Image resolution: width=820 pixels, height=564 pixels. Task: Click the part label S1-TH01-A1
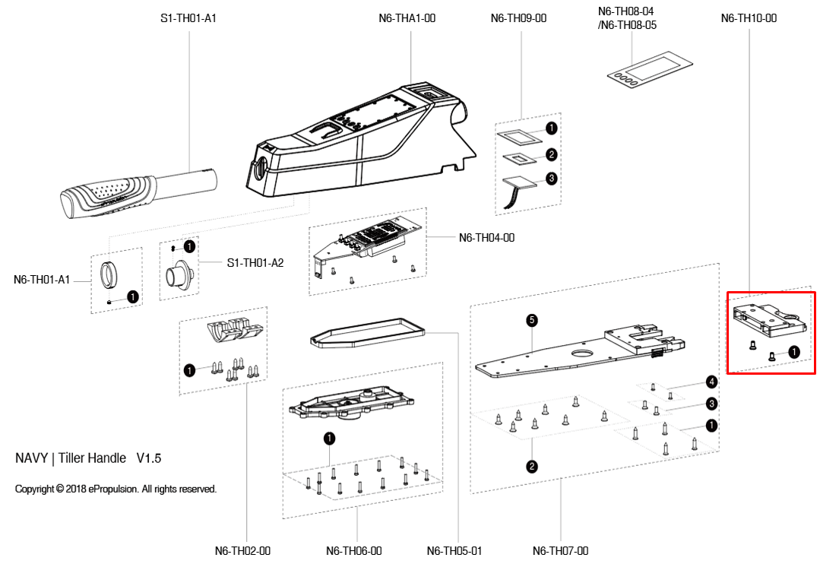coord(188,17)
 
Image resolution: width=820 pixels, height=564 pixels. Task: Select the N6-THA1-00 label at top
coord(407,17)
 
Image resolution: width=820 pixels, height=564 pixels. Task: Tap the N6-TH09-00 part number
coord(519,17)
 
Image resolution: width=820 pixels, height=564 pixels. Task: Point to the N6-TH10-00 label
coord(749,17)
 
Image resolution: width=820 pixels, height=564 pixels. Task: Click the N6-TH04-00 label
coord(486,238)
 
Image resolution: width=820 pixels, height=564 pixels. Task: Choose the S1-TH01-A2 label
coord(255,263)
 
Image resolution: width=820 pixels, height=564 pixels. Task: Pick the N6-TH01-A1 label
coord(42,280)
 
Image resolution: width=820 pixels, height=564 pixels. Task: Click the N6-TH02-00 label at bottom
coord(242,551)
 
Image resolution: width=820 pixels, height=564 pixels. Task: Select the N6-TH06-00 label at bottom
coord(353,551)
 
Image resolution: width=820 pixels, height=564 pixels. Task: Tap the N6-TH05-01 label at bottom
coord(454,551)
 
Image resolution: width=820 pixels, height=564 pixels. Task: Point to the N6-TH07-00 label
coord(560,551)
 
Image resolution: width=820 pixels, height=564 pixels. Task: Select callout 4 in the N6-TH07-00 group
coord(711,381)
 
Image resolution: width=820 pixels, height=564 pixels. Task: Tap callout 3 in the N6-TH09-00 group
coord(552,179)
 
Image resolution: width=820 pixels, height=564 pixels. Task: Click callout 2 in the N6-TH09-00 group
coord(552,154)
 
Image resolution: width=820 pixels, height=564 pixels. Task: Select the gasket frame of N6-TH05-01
coord(366,332)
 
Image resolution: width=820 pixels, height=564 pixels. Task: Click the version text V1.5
coord(149,458)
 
